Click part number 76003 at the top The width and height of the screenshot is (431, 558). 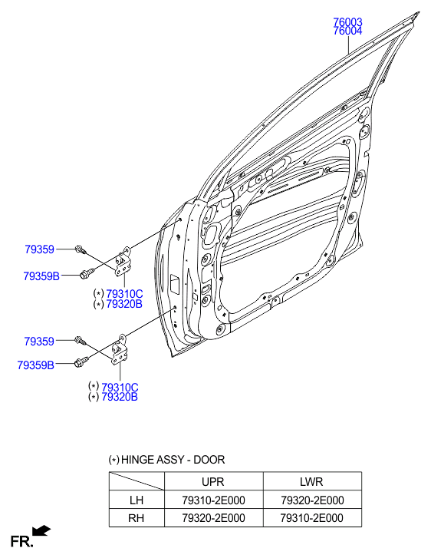tap(347, 22)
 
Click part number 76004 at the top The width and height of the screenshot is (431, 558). tap(347, 31)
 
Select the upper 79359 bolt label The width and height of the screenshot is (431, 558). tap(39, 249)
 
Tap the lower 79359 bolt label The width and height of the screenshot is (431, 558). tap(39, 342)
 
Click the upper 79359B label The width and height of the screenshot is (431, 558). tap(41, 276)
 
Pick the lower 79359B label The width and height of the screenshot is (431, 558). tap(35, 365)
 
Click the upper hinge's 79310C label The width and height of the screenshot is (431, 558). tap(124, 294)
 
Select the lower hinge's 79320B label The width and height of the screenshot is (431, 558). tap(120, 397)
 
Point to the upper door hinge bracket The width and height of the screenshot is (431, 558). tap(123, 261)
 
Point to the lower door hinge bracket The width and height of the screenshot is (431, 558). tap(119, 350)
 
